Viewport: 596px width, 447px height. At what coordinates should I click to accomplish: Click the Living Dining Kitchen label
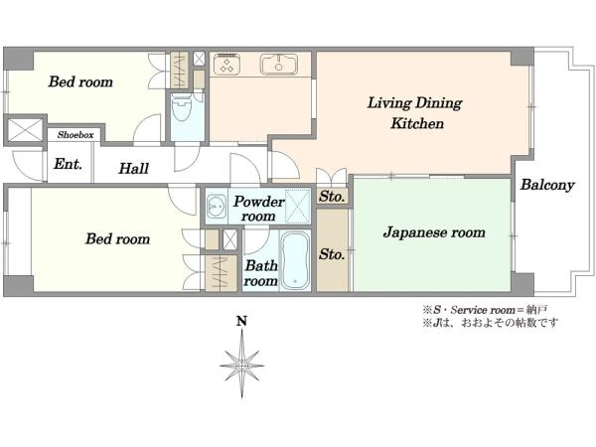414,114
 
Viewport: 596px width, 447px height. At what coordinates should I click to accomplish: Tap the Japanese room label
434,232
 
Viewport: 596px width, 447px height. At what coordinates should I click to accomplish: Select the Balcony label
547,185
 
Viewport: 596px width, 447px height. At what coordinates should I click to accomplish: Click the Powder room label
259,209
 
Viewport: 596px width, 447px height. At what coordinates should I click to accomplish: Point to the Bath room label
261,273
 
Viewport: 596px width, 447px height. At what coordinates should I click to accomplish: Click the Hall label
133,169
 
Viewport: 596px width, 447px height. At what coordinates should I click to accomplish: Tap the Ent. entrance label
68,165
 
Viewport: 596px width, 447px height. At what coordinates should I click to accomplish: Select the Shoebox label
75,134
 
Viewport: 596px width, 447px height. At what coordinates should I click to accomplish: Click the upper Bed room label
80,81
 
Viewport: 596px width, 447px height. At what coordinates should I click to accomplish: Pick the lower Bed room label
117,238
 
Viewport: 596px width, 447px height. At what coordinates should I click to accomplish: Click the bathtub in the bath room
296,260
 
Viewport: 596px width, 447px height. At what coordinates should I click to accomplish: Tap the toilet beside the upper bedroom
182,112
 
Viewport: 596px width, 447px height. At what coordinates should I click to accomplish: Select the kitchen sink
278,66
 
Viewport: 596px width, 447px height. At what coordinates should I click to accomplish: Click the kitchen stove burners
225,66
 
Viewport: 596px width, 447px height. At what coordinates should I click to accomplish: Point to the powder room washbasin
216,209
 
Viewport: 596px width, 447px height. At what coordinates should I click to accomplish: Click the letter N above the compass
241,321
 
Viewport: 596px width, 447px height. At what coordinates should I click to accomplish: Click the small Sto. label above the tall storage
332,197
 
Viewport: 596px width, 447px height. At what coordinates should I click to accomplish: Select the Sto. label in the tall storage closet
332,254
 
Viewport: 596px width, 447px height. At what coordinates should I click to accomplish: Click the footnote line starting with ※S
491,310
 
